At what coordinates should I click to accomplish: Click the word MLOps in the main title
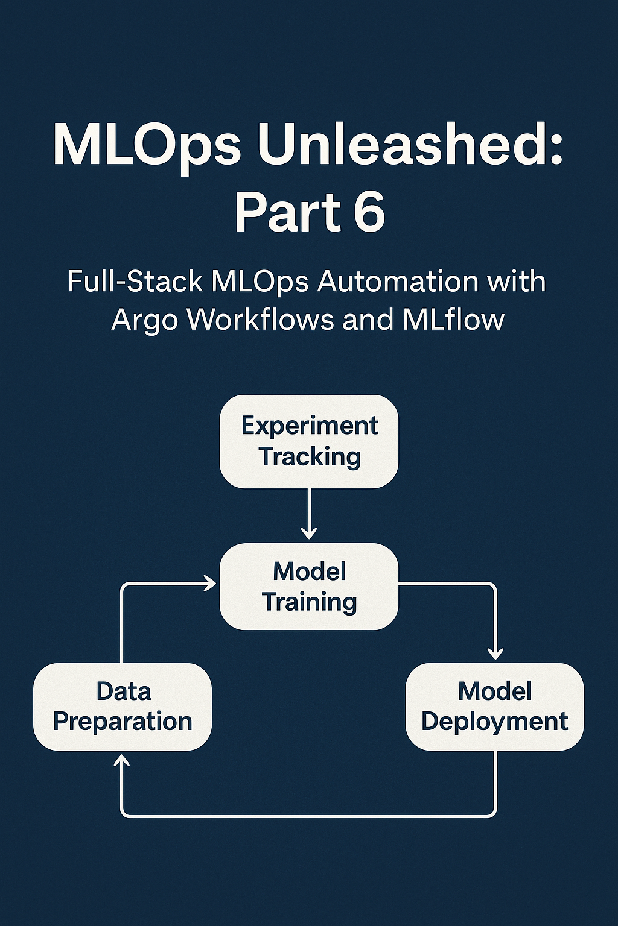[148, 146]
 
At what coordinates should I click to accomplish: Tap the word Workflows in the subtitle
[260, 319]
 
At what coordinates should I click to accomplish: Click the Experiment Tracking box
[308, 441]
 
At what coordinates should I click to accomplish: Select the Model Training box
[308, 587]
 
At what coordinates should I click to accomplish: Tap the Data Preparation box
[123, 707]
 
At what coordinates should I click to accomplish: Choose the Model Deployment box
[494, 707]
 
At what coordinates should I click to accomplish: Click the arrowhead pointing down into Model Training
[309, 534]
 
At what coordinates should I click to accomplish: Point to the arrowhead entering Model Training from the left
[211, 583]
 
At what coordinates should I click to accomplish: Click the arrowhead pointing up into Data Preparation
[123, 761]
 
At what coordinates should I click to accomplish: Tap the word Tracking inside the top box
[310, 456]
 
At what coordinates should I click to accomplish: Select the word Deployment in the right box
[494, 722]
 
